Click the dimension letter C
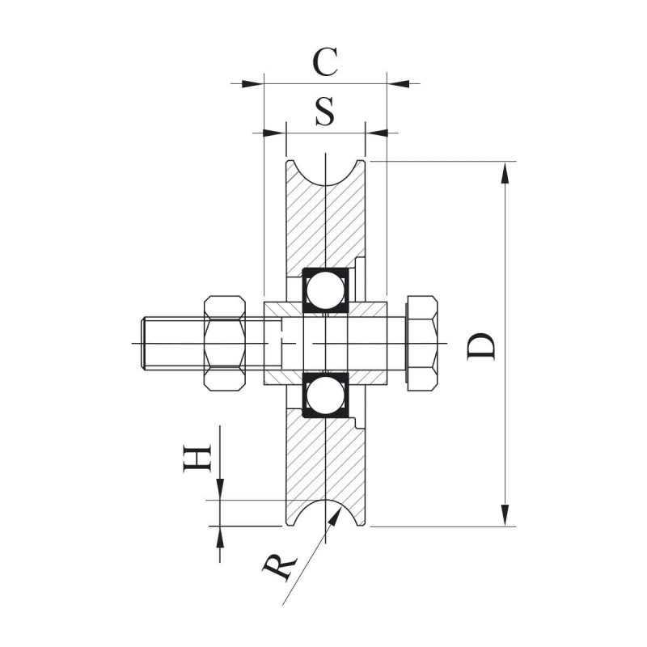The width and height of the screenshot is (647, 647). [326, 62]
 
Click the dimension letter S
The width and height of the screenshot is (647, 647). [325, 112]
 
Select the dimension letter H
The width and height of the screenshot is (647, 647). [197, 458]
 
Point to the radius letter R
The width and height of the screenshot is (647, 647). [280, 568]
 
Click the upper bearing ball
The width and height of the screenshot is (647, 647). [326, 290]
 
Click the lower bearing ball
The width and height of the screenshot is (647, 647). [326, 396]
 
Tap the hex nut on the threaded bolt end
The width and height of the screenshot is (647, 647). [225, 343]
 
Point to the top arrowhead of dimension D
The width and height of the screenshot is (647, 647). [505, 172]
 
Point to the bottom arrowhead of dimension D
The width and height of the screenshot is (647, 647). [505, 515]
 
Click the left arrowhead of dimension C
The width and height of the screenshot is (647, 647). [252, 84]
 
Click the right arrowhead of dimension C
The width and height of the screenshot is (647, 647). [398, 84]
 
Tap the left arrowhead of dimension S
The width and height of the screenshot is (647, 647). [274, 133]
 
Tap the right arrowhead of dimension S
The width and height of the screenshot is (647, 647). [377, 133]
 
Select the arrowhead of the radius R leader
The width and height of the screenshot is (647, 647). [335, 517]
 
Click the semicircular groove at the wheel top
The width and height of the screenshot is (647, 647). [326, 173]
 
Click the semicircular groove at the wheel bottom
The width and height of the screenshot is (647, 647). [326, 513]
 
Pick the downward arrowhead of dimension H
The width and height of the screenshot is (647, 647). [220, 489]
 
